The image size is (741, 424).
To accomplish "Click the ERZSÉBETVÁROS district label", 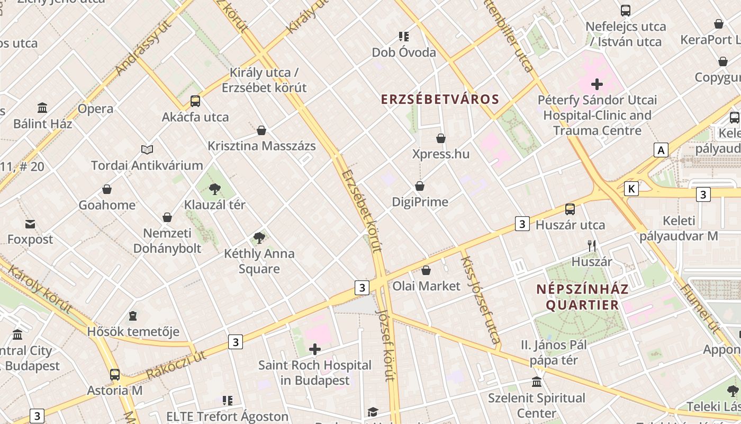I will (440, 99).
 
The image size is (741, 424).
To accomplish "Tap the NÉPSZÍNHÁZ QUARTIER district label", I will (582, 297).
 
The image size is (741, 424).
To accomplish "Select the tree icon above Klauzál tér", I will (214, 188).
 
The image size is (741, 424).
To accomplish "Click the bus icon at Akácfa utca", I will (195, 101).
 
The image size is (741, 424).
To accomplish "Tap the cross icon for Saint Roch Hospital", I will (315, 349).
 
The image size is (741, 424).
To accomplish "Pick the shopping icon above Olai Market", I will (426, 271).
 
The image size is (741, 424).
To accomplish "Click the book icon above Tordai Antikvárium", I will (147, 150).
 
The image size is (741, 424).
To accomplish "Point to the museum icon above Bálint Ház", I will (42, 108).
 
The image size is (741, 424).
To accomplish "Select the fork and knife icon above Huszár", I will (592, 245).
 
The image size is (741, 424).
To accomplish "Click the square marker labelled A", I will (660, 150).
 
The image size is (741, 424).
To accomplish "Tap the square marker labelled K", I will (631, 188).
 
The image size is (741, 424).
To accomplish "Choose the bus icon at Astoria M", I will (115, 374).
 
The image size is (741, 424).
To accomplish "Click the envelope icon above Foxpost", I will (30, 224).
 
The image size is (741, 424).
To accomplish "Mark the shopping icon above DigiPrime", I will (420, 186).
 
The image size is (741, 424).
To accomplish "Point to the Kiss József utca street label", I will (481, 299).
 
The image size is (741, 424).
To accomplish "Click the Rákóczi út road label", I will (176, 366).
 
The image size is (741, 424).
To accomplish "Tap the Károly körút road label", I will (40, 290).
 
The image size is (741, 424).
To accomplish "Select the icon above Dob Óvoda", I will (404, 37).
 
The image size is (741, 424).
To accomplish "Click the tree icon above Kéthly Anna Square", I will (259, 237).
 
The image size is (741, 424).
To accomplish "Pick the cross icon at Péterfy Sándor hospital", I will (597, 84).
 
